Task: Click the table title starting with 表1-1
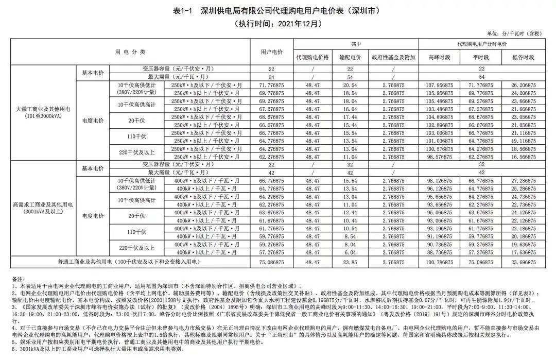pyautogui.click(x=278, y=11)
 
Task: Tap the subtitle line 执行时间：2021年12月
pyautogui.click(x=278, y=23)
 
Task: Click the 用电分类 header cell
pyautogui.click(x=130, y=52)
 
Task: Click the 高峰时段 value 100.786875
pyautogui.click(x=439, y=262)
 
